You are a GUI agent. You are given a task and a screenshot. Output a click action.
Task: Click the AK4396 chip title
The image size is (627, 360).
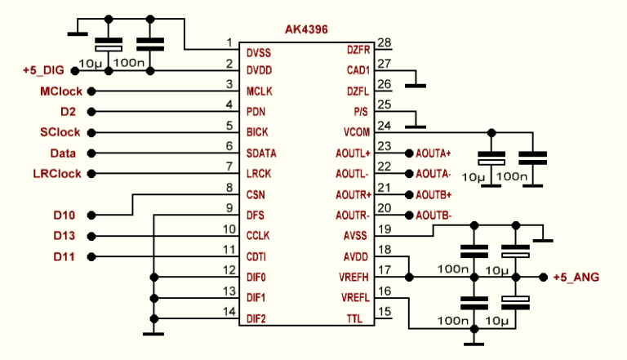[307, 29]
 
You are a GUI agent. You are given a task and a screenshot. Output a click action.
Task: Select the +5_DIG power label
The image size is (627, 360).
[47, 70]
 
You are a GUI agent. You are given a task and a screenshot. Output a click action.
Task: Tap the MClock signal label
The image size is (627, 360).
[60, 91]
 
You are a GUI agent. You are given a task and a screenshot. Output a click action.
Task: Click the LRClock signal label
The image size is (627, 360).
[57, 174]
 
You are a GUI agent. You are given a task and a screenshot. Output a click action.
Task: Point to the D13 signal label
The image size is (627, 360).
[64, 236]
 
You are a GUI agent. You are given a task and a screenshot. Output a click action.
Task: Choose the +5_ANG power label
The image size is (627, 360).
[576, 278]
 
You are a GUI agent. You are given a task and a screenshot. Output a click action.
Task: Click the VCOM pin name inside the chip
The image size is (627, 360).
[356, 132]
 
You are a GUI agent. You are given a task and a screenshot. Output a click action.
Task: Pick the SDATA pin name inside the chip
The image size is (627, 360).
[261, 153]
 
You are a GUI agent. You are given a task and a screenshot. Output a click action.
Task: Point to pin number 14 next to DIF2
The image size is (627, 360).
[229, 311]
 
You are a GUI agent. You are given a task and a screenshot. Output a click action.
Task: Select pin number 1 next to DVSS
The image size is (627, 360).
[229, 42]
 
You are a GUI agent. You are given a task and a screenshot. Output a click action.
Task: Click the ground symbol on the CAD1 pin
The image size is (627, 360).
[416, 84]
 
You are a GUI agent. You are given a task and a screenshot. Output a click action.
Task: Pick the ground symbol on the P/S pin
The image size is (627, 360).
[416, 126]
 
